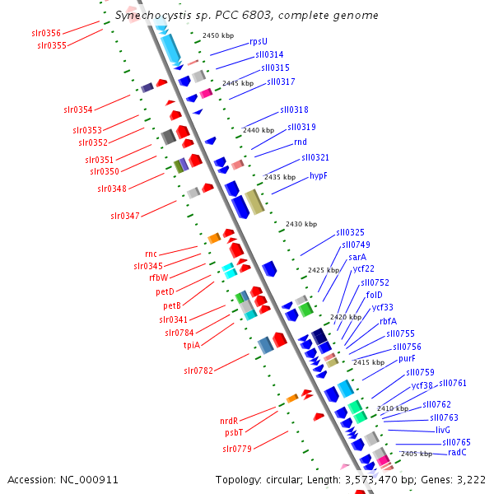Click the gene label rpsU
(259, 41)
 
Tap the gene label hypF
(319, 176)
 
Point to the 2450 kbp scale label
(218, 36)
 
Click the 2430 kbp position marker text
(301, 224)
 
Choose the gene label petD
(165, 291)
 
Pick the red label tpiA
(191, 345)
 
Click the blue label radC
(458, 452)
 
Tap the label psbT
(233, 432)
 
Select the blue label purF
(407, 359)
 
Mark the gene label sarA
(357, 257)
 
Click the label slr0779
(236, 449)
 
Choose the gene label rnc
(151, 254)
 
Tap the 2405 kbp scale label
(416, 454)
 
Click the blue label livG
(443, 430)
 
